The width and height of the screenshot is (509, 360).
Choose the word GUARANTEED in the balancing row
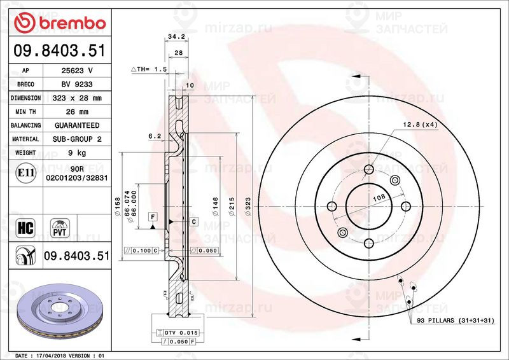tap(76, 125)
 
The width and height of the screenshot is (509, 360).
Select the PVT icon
tap(60, 228)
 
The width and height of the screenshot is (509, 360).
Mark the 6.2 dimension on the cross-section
tap(154, 136)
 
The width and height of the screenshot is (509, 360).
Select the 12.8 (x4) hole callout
tap(417, 124)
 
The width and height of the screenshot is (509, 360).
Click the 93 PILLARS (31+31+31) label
tap(455, 322)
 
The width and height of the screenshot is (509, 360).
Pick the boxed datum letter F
tap(153, 217)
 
